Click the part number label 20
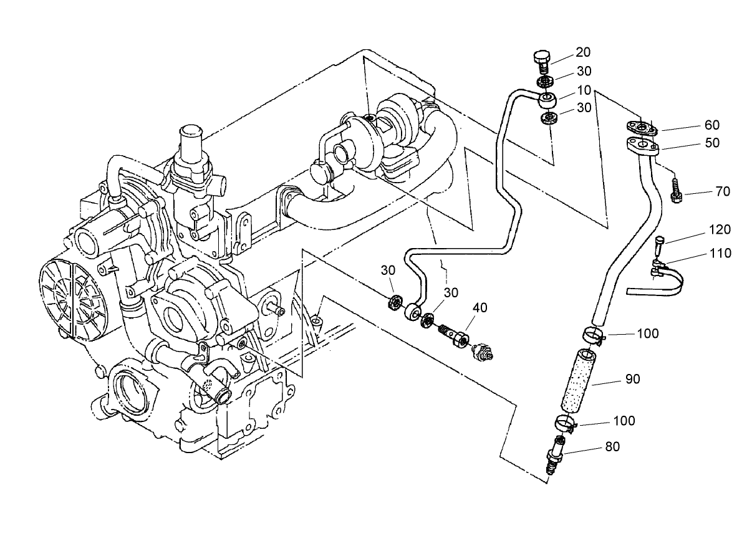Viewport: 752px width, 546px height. click(583, 52)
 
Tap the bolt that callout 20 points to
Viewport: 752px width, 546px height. click(541, 61)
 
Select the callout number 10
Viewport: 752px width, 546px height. click(583, 90)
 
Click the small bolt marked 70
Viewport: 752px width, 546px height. click(676, 190)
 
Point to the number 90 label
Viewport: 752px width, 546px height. click(632, 379)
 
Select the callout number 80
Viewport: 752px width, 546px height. click(612, 447)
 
